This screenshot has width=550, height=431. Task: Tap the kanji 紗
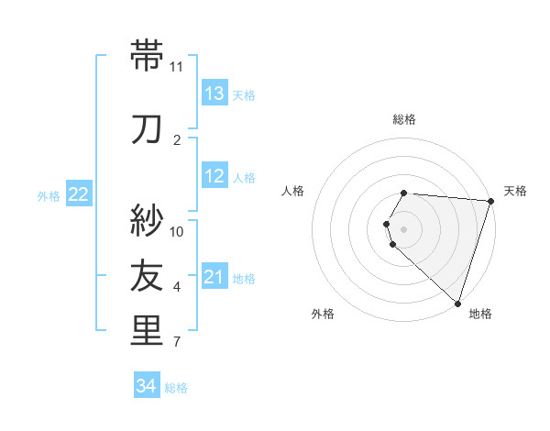(x=147, y=220)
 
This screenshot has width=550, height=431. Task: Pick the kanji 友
(x=147, y=275)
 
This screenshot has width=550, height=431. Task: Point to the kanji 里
(x=147, y=332)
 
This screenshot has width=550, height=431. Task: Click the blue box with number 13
(x=214, y=94)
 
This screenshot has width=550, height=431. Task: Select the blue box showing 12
(x=214, y=176)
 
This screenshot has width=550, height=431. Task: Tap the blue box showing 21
(x=214, y=277)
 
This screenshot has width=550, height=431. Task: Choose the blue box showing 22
(x=79, y=194)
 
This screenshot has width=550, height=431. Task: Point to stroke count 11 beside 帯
(x=177, y=67)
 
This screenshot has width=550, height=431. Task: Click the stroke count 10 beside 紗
(x=177, y=231)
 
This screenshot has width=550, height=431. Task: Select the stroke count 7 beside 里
(x=177, y=343)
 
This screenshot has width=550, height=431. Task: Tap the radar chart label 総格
(x=404, y=119)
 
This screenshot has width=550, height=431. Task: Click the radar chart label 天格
(x=515, y=191)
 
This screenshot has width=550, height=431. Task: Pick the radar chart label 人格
(x=293, y=191)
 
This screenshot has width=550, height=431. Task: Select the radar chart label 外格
(x=323, y=314)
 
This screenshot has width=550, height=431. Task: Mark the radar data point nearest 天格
(x=490, y=201)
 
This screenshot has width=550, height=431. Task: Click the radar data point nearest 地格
(x=457, y=303)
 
